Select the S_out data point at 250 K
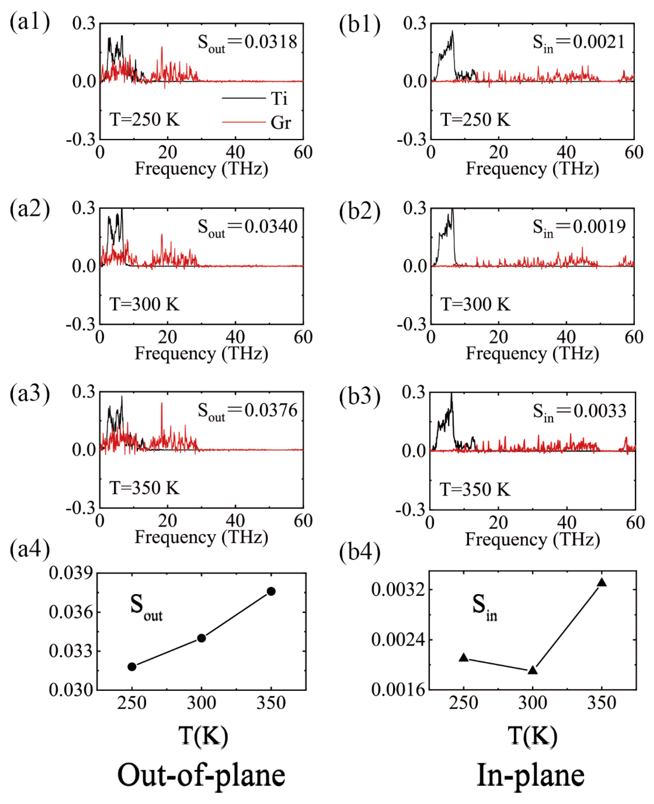(x=132, y=667)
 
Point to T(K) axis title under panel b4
(x=532, y=735)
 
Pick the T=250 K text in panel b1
(x=475, y=120)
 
